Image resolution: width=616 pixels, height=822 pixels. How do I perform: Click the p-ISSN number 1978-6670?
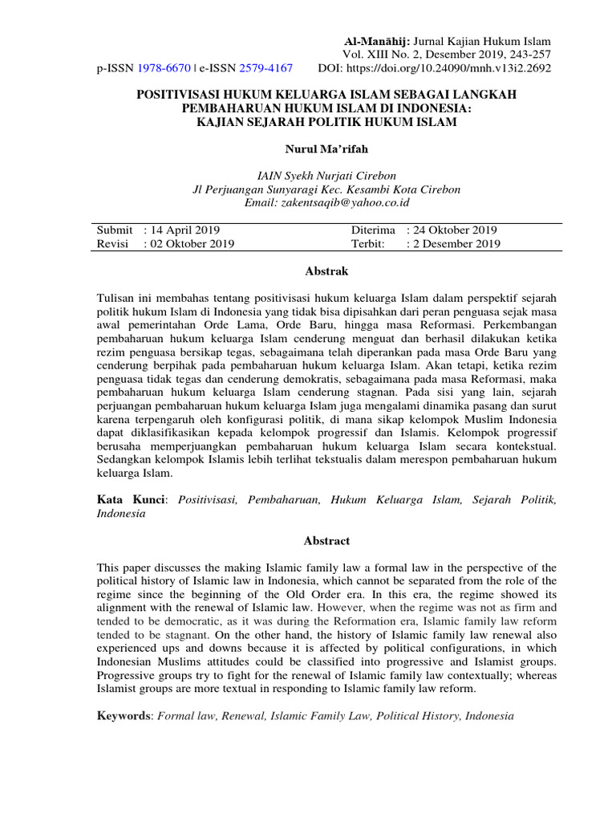coord(164,68)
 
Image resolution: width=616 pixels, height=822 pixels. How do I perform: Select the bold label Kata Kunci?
coord(132,500)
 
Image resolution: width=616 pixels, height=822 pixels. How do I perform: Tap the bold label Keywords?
coord(125,714)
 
